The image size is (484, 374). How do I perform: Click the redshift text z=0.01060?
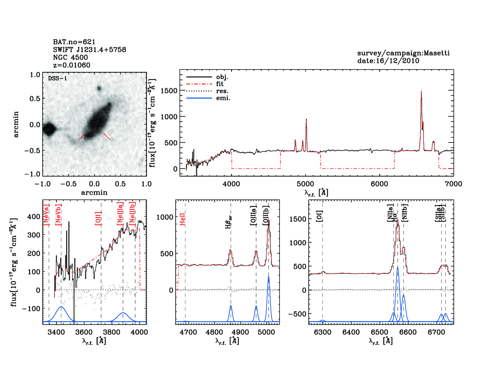pos(72,65)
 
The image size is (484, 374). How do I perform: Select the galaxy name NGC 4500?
pos(70,57)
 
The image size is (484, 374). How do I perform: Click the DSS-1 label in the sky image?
pos(57,78)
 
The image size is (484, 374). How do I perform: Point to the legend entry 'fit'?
pos(220,84)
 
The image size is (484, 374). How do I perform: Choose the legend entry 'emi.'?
pos(223,98)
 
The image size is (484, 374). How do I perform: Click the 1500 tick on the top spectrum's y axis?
pos(169,91)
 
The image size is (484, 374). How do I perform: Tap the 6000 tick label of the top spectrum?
pos(379,184)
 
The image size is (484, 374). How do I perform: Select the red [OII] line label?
pos(98,218)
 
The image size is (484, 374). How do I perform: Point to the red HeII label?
pos(182,219)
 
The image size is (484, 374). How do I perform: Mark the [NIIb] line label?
pos(405,212)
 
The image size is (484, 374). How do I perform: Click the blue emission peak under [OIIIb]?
pos(268,277)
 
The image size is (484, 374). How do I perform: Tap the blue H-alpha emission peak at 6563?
pos(398,268)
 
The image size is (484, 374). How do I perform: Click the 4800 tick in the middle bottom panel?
pos(214,332)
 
